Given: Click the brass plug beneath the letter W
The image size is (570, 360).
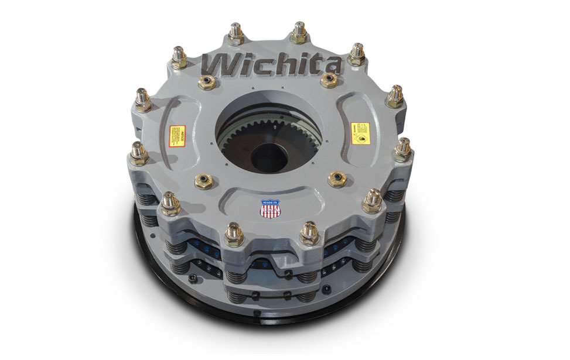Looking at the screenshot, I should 207,83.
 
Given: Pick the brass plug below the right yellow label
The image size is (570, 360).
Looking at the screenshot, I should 337,179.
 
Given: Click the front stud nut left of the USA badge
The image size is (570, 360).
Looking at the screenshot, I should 234,232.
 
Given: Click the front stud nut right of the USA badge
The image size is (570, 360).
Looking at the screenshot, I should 309,232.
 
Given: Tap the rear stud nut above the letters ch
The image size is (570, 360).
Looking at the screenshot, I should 236,33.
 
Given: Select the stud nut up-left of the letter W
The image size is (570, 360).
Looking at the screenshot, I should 179,57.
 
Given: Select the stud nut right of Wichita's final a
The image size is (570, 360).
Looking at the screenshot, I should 357,54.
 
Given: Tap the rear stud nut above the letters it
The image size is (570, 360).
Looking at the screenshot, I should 299,33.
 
